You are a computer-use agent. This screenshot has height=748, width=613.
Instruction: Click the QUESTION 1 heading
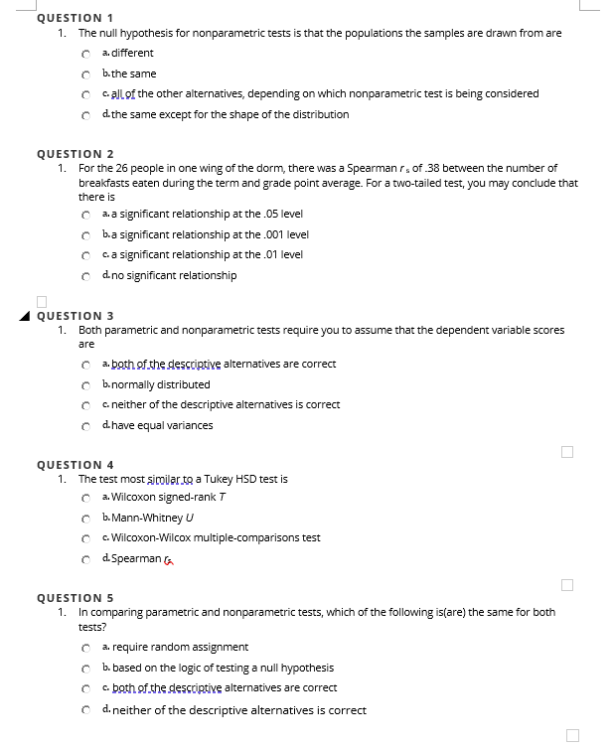click(x=75, y=18)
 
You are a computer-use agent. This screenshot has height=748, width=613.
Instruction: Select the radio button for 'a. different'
click(x=87, y=54)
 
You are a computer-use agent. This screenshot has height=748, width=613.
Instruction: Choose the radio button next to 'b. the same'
click(x=87, y=75)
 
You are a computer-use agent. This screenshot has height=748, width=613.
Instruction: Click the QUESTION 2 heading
click(x=75, y=154)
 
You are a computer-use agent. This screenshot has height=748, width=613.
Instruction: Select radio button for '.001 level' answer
click(x=87, y=235)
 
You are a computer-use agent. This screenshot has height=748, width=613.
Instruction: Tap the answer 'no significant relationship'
click(x=174, y=275)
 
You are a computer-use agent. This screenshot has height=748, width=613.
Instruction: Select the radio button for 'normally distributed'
click(x=87, y=384)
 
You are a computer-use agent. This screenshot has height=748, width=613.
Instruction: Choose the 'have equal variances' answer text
click(x=162, y=425)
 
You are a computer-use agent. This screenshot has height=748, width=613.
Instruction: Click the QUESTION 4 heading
click(x=75, y=464)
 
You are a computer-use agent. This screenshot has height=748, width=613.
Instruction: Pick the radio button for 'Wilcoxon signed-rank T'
click(x=87, y=497)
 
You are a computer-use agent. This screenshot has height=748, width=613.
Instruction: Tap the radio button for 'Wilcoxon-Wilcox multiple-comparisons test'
click(x=87, y=538)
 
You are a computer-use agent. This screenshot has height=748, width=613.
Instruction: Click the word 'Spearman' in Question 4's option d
click(x=137, y=558)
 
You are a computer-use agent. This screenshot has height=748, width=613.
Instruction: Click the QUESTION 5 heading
click(x=75, y=598)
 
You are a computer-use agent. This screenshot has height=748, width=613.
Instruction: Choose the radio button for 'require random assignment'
click(x=87, y=648)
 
